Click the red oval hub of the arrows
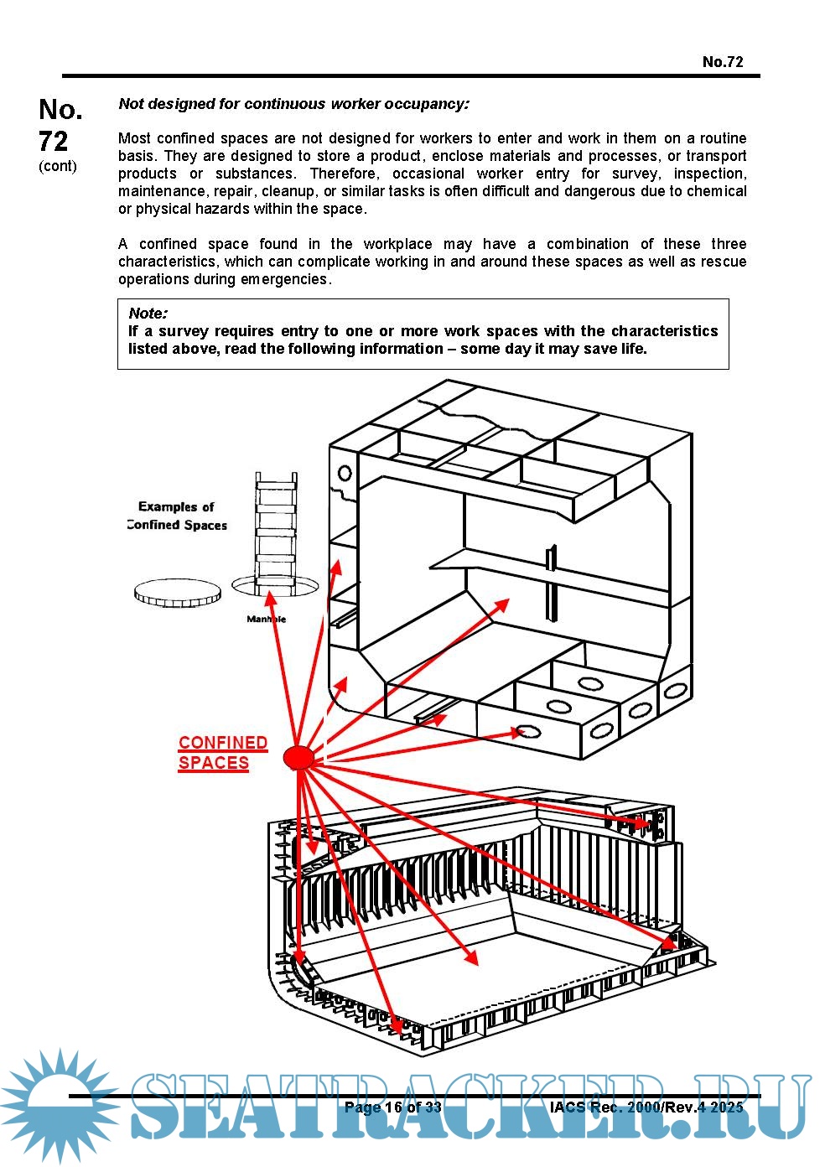[x=298, y=757]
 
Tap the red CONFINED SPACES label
[x=222, y=753]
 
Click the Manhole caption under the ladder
[x=266, y=620]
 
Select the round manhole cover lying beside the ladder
[x=178, y=594]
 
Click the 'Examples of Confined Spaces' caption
[x=177, y=516]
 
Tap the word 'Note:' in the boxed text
[x=148, y=314]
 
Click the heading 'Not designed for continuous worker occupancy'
[x=293, y=104]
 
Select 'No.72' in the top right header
[x=723, y=61]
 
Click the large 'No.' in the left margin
[x=60, y=110]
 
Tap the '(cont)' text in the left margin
[x=57, y=166]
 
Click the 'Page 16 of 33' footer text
[x=392, y=1107]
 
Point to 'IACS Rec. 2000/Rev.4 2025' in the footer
[x=646, y=1107]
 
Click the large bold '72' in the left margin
[x=54, y=140]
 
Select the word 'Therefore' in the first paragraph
[x=341, y=174]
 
